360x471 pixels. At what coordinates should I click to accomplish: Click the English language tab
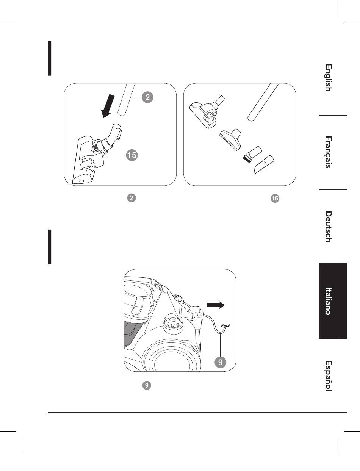[329, 78]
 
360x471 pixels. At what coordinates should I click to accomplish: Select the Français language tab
[329, 152]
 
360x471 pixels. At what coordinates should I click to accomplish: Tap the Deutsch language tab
[329, 227]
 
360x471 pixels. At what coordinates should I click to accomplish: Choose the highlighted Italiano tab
[329, 301]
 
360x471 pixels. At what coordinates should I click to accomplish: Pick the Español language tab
[329, 376]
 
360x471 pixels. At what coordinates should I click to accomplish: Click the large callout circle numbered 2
[148, 97]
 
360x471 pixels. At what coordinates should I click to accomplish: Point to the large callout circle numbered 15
[131, 155]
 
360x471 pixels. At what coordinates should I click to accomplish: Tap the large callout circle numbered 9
[220, 362]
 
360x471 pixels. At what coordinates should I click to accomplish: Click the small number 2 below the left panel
[131, 198]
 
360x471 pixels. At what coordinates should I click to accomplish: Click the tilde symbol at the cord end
[225, 325]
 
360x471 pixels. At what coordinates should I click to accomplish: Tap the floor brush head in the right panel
[203, 113]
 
